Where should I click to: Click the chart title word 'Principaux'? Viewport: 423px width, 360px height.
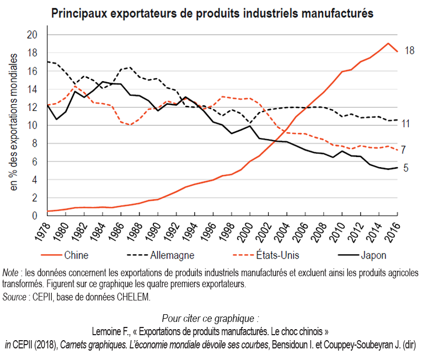[x=79, y=13]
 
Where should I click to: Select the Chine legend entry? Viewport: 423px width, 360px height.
[x=65, y=255]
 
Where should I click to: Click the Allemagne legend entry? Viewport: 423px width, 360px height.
[x=160, y=255]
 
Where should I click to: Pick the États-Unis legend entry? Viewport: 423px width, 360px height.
[x=266, y=255]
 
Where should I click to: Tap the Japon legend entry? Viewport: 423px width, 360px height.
[x=362, y=255]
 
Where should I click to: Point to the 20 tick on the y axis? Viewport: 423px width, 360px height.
[x=32, y=35]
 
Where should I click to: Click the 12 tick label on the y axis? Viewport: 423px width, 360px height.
[x=32, y=108]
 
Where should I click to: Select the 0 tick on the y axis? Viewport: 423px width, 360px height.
[x=35, y=216]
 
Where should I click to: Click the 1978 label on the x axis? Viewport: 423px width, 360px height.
[x=42, y=232]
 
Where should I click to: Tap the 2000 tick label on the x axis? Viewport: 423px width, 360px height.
[x=245, y=232]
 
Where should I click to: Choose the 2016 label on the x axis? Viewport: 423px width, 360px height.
[x=393, y=232]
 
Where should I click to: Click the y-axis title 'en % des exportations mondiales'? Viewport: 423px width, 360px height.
[x=13, y=122]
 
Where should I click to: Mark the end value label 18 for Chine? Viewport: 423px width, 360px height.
[x=410, y=50]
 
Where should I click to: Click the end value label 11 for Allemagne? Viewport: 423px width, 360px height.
[x=406, y=124]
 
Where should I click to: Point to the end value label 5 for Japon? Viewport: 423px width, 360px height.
[x=406, y=168]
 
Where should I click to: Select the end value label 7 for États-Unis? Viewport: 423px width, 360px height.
[x=403, y=149]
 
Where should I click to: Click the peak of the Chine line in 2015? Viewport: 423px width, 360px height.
[x=388, y=43]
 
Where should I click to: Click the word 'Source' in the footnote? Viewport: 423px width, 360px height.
[x=14, y=297]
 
